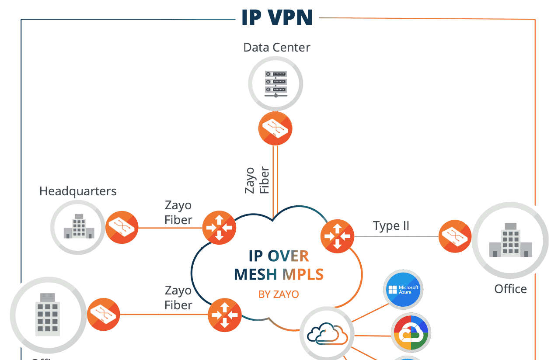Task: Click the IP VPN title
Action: pyautogui.click(x=277, y=18)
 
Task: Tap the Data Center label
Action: pyautogui.click(x=277, y=47)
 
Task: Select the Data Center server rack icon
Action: pyautogui.click(x=276, y=83)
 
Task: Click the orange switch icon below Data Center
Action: pyautogui.click(x=276, y=128)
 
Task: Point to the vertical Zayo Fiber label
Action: pyautogui.click(x=257, y=180)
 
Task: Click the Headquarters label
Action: pyautogui.click(x=78, y=191)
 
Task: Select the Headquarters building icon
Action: pyautogui.click(x=78, y=227)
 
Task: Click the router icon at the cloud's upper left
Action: pyautogui.click(x=219, y=228)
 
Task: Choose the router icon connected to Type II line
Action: pyautogui.click(x=337, y=236)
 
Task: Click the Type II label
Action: pyautogui.click(x=391, y=226)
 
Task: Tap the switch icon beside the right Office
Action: pyautogui.click(x=455, y=236)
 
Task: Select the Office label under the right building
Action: pyautogui.click(x=510, y=289)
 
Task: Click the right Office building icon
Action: pyautogui.click(x=510, y=241)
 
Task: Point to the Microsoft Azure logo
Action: pyautogui.click(x=403, y=289)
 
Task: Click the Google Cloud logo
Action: pyautogui.click(x=411, y=333)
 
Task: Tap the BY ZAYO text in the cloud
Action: pyautogui.click(x=279, y=294)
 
